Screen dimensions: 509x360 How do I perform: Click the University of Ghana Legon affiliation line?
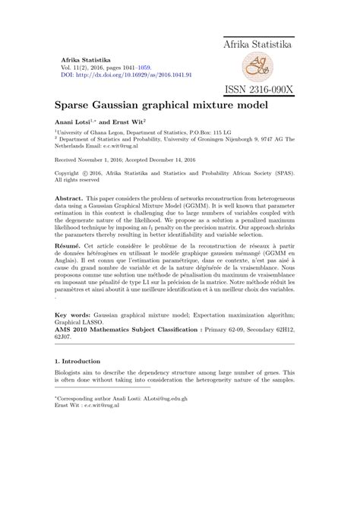click(137, 132)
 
